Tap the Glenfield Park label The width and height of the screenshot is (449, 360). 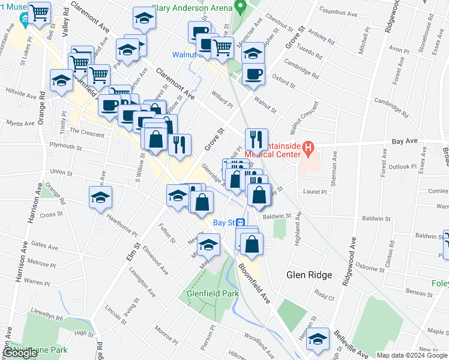click(x=212, y=293)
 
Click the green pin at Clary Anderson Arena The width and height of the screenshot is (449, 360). click(x=241, y=8)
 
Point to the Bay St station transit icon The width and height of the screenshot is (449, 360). click(x=239, y=222)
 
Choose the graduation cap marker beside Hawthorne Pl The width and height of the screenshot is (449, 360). click(x=100, y=197)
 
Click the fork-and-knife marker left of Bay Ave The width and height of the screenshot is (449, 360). click(x=256, y=139)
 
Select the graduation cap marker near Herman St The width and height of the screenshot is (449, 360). click(x=318, y=339)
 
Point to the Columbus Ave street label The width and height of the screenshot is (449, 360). click(x=337, y=10)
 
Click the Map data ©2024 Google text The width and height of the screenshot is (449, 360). click(x=412, y=355)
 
